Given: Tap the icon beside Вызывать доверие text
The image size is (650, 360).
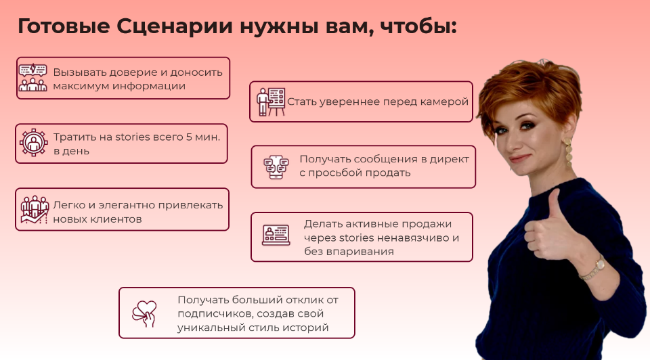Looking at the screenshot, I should click(32, 78).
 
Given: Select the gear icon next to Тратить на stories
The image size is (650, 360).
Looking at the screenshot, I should click(32, 143).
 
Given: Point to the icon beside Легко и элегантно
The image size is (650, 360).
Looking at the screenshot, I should click(32, 209).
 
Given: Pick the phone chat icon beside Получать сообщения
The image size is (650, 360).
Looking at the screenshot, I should click(276, 166).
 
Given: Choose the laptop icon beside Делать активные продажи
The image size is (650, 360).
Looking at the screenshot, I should click(276, 235).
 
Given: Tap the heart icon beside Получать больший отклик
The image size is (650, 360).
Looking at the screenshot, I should click(144, 313).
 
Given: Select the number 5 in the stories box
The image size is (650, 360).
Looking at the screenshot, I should click(190, 136).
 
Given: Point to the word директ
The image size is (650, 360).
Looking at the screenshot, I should click(450, 158).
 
